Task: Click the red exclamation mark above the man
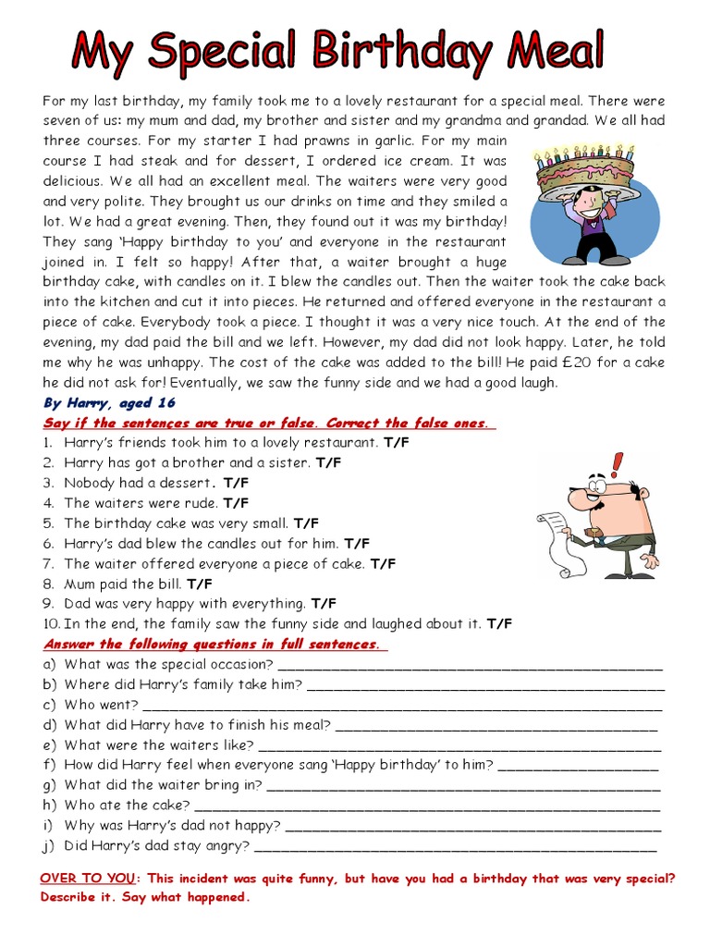tap(618, 463)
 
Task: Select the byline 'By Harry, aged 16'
tap(109, 403)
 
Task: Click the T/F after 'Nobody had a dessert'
tap(236, 483)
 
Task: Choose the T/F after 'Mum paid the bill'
tap(199, 584)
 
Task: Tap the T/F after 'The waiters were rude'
tap(236, 503)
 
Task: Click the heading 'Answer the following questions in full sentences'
tap(211, 645)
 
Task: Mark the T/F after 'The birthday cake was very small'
tap(306, 523)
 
